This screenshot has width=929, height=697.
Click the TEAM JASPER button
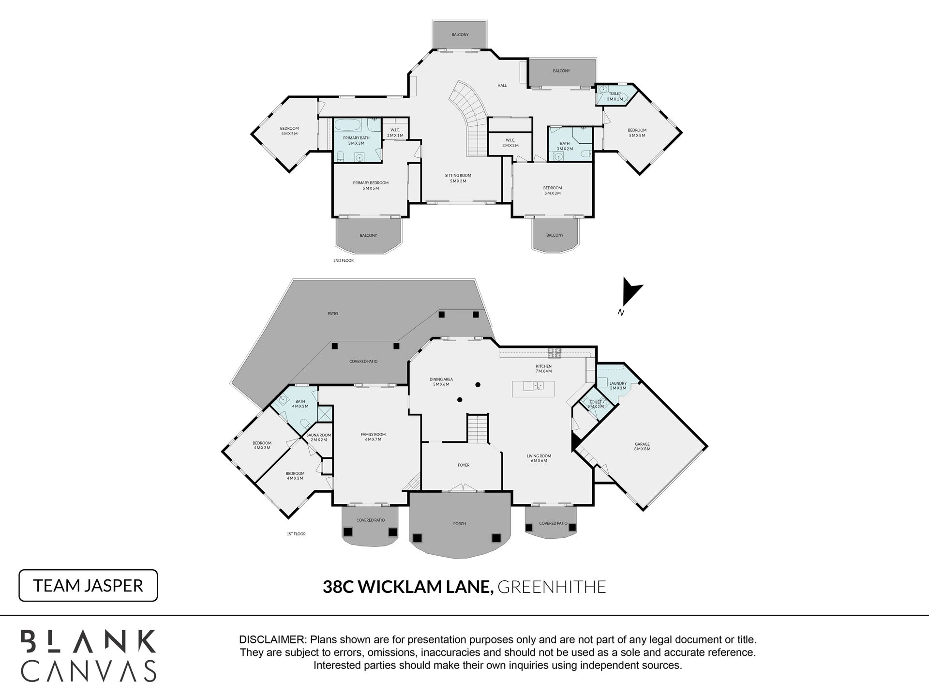pos(88,586)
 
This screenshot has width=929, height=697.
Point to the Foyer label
pos(464,465)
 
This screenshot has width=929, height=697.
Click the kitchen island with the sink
pos(533,389)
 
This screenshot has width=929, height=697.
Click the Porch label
pos(460,524)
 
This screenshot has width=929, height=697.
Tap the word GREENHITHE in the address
pos(552,587)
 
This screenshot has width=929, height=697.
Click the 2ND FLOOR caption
pos(344,260)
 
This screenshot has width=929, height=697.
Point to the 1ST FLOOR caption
pos(296,534)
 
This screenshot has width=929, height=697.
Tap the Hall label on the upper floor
pos(502,86)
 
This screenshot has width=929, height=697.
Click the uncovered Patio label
pos(332,314)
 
